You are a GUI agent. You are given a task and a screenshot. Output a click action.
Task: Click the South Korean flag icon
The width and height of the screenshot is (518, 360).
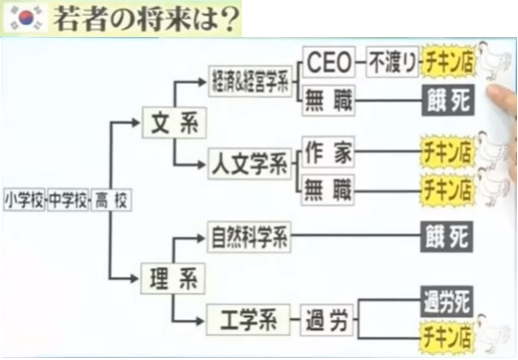point(26,18)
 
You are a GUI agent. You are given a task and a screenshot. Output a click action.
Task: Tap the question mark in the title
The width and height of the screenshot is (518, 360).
point(231,19)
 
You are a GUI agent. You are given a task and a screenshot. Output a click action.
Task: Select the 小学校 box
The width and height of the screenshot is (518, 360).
point(24,200)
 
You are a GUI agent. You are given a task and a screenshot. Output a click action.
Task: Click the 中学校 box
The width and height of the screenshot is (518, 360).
point(68,200)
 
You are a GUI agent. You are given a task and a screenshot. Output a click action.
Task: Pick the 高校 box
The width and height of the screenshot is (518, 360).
point(111,200)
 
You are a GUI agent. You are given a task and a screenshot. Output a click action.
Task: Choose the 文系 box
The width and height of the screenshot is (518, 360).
point(174,123)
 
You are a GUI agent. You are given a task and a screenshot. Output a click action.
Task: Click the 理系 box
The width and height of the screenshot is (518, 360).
point(173,278)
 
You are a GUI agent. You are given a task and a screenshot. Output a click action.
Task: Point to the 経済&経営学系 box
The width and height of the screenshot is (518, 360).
point(250,82)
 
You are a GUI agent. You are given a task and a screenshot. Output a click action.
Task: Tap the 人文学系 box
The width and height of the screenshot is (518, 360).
point(249,164)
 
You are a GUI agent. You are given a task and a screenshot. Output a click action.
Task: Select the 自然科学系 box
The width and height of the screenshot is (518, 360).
point(249,237)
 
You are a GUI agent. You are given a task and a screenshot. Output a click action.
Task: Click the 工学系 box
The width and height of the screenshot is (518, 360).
point(248,320)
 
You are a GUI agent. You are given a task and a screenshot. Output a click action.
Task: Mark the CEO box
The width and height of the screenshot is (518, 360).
point(329,62)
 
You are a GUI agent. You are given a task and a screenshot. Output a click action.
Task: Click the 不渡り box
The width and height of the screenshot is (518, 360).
point(393,62)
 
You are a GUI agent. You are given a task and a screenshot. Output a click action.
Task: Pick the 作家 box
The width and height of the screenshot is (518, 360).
point(328,152)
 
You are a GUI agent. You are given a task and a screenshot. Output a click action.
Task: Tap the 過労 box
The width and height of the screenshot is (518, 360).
point(327,320)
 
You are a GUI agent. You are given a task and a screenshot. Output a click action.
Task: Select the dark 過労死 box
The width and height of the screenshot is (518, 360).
point(447,301)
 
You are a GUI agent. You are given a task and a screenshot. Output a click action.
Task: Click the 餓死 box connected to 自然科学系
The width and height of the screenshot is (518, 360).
point(447,237)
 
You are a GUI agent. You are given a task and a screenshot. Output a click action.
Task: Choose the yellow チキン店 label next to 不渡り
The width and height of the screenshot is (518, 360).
point(448,62)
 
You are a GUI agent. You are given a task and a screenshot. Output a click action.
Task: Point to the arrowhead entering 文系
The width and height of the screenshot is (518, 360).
point(136,123)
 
